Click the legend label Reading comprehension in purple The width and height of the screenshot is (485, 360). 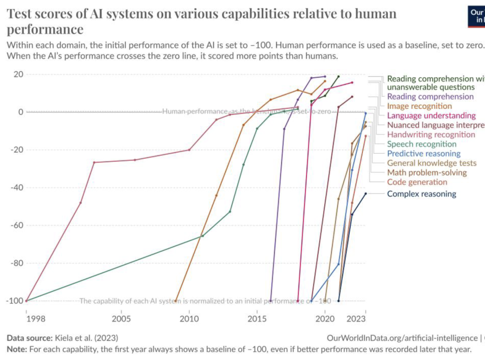coord(430,97)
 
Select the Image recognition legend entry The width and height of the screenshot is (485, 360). coord(419,106)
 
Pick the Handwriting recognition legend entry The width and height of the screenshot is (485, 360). coord(431,134)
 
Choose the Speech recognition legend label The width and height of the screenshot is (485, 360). coord(422,144)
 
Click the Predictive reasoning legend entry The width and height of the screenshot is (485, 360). coord(424,154)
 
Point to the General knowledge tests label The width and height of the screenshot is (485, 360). coord(432,163)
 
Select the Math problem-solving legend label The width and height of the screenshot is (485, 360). coord(427,173)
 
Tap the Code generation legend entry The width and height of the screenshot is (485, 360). coord(417,182)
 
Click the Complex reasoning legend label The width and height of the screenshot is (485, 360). coord(422,194)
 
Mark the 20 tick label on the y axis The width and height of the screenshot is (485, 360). coord(18,74)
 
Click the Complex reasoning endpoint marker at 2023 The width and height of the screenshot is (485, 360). coord(366,194)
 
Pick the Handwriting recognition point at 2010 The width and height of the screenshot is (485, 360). coord(189,150)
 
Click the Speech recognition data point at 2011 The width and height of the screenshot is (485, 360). coord(203,236)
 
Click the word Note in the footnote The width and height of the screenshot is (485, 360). coord(16,349)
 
